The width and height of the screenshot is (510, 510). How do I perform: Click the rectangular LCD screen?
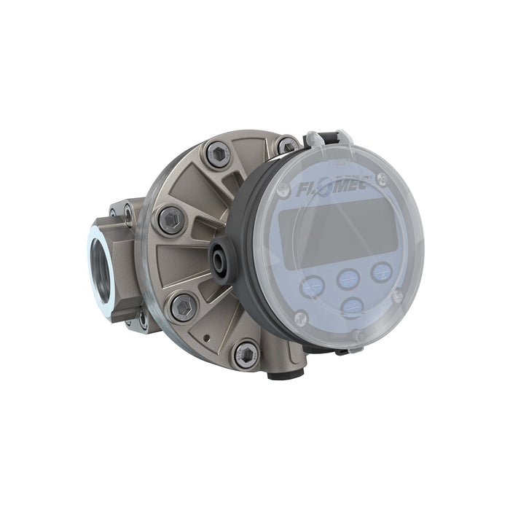pos(337,232)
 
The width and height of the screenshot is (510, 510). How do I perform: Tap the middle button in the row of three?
pos(348,278)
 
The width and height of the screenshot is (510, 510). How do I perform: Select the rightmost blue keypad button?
pos(382,271)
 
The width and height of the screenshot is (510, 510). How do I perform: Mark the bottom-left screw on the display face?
pos(299,318)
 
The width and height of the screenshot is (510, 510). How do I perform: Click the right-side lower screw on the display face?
pos(397,295)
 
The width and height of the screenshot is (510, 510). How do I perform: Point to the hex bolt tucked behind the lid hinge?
pos(286,146)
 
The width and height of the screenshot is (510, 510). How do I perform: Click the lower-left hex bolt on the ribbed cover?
pos(183,306)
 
